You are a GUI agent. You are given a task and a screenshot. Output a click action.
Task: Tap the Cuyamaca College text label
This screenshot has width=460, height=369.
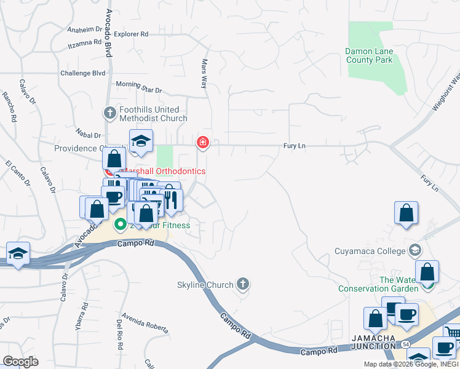370,250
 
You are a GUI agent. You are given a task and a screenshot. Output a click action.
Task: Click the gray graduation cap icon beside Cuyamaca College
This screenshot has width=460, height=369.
415,250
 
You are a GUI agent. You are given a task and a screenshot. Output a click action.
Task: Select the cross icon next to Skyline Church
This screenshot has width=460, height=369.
243,284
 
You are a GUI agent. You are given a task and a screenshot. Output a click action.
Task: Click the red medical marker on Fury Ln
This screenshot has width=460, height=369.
202,143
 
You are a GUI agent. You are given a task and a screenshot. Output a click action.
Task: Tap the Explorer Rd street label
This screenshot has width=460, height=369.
132,34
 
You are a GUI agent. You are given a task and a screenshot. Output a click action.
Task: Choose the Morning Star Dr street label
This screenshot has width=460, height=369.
138,87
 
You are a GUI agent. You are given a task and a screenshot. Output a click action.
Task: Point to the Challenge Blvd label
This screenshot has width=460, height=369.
83,73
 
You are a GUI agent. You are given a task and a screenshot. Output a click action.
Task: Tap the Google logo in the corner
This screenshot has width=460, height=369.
20,361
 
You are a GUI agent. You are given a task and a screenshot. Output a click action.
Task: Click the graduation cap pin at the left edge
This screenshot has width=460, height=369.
18,253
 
